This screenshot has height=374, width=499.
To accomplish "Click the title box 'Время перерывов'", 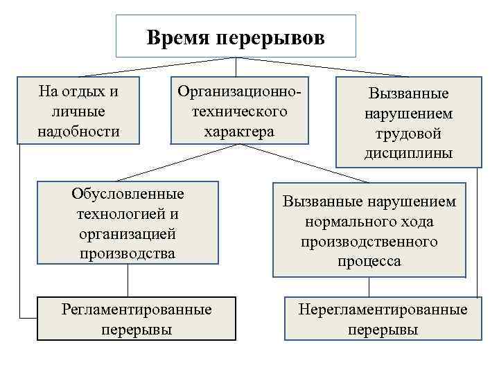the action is [x=236, y=36].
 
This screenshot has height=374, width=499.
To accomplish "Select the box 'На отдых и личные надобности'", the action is [x=78, y=111].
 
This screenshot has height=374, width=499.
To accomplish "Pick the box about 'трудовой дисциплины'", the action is [x=409, y=123].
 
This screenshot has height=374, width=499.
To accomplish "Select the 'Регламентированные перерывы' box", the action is [x=136, y=319].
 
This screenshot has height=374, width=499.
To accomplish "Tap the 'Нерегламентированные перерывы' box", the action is [x=383, y=319].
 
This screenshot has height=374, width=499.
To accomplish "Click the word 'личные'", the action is [x=78, y=111].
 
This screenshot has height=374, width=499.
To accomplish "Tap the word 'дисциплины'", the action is [x=409, y=153].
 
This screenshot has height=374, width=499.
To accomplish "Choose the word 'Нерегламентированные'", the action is [x=383, y=309].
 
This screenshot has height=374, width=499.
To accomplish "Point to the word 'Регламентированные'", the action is [x=136, y=309].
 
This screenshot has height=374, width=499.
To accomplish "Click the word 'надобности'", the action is [x=78, y=131].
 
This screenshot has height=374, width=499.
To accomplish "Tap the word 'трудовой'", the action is [x=409, y=133].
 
